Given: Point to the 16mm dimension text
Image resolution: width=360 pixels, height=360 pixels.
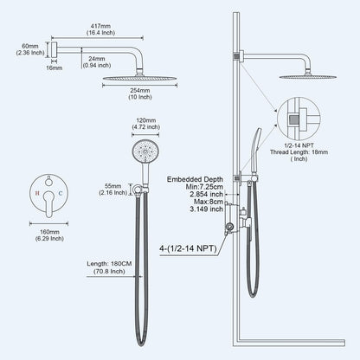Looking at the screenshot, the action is (x=55, y=68).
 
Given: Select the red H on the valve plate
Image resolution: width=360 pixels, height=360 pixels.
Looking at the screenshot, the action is (x=37, y=193).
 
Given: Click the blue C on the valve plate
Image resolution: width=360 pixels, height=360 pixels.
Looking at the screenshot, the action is (x=61, y=193).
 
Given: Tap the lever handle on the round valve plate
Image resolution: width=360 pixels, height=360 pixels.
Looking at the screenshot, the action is (x=48, y=203).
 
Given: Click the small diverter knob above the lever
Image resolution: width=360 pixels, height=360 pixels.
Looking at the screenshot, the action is (x=49, y=181).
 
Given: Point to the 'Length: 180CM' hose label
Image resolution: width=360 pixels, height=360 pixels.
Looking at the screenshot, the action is (x=109, y=264).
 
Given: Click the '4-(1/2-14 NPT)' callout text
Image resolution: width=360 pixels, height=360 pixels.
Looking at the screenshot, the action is (x=188, y=248).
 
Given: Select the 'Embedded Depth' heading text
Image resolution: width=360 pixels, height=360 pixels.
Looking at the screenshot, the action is (x=195, y=179).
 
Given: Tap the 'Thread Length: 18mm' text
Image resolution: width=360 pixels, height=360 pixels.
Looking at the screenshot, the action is (x=299, y=152).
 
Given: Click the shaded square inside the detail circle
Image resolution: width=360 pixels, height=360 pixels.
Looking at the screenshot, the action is (x=294, y=119).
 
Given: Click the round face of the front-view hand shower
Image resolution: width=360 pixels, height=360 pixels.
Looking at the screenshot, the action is (x=145, y=151).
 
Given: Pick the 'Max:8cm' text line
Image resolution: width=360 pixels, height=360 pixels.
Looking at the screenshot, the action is (x=209, y=202).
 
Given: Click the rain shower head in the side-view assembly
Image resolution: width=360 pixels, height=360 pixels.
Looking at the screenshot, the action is (x=307, y=77).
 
